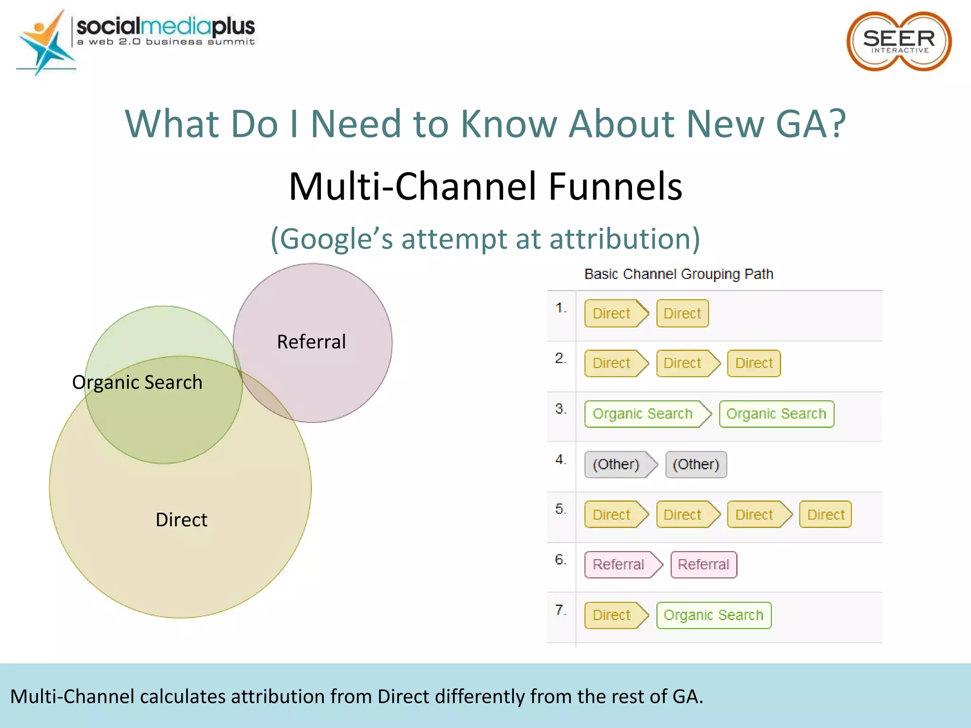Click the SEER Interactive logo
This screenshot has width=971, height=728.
[898, 42]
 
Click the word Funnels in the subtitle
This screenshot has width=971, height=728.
[615, 186]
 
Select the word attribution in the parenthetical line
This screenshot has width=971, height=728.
[621, 238]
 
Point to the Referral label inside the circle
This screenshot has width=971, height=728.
[311, 342]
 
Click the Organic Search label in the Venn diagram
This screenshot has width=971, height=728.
[137, 382]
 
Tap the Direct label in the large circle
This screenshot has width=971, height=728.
[181, 520]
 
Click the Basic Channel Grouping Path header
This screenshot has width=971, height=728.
[678, 274]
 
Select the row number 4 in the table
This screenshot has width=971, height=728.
[560, 459]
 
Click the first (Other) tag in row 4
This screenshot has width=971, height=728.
[616, 464]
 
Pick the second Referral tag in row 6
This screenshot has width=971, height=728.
[704, 564]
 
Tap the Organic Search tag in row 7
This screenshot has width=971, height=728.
[714, 615]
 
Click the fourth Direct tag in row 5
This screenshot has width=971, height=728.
[825, 515]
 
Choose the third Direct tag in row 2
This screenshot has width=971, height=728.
[754, 364]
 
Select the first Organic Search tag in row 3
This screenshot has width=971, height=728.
[643, 414]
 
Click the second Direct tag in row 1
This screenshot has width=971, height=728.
[682, 314]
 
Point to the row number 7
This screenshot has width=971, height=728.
[560, 610]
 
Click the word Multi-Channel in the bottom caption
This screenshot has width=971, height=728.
[73, 697]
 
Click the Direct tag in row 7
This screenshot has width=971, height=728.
[612, 615]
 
